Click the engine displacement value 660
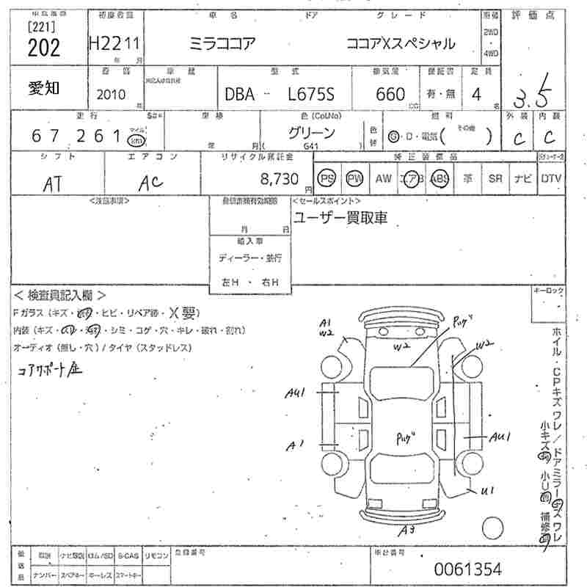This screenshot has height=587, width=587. pyautogui.click(x=390, y=94)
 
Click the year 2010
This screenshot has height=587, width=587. pyautogui.click(x=112, y=95)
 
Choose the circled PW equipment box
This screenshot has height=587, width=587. pyautogui.click(x=354, y=178)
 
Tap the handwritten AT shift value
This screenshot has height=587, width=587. pyautogui.click(x=52, y=183)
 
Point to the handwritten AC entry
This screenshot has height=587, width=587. pyautogui.click(x=150, y=183)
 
